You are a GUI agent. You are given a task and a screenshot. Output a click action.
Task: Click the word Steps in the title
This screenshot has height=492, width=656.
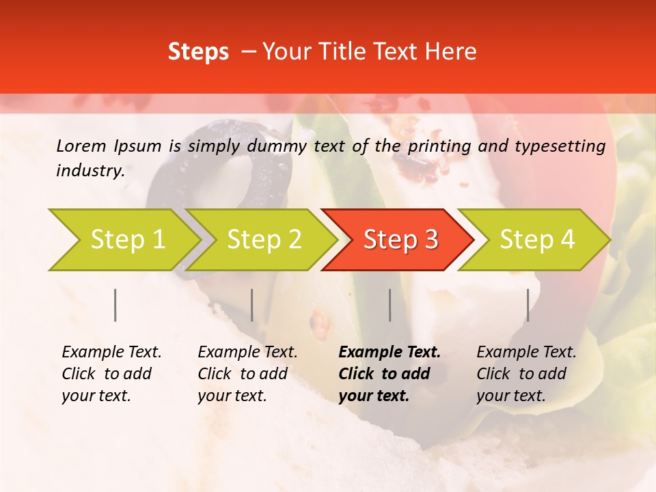[198, 52]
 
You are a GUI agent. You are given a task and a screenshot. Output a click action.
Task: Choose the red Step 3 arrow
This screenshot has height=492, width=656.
[398, 239]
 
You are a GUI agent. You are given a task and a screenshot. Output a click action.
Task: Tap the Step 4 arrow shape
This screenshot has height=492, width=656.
[534, 239]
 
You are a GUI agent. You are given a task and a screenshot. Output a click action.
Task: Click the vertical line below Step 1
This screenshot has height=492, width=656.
[115, 305]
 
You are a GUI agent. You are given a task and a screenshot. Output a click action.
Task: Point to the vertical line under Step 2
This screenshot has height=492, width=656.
[252, 305]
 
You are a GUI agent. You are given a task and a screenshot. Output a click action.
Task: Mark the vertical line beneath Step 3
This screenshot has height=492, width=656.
[390, 305]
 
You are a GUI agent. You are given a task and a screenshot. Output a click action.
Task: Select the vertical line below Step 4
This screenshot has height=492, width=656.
[528, 305]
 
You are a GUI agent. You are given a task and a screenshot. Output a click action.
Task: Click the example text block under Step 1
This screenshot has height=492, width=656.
[111, 374]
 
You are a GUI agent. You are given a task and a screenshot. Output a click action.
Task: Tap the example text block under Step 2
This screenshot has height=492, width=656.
[247, 374]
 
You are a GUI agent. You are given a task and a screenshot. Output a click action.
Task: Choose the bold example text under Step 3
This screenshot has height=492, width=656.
[389, 374]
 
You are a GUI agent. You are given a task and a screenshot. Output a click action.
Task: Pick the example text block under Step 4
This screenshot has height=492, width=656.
[526, 374]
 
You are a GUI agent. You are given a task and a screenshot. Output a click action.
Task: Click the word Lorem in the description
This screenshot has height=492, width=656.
[81, 146]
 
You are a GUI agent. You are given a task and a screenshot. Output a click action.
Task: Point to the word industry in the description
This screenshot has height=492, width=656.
[90, 171]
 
